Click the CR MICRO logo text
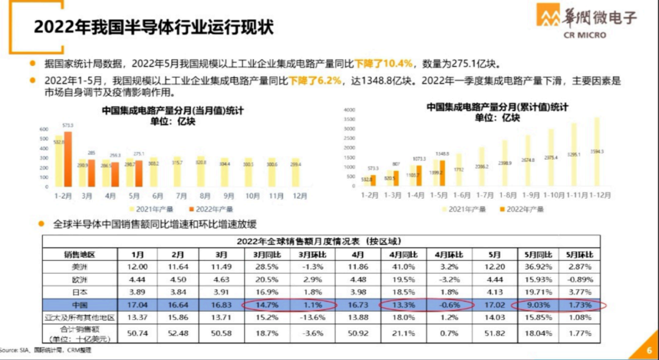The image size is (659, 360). point(585,35)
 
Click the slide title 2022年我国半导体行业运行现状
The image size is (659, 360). point(153,27)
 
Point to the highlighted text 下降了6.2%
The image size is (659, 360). point(315,81)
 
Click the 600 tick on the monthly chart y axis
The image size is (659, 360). point(44,129)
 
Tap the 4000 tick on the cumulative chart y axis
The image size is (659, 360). point(349,110)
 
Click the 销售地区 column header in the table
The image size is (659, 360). point(80,254)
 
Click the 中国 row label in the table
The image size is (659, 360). point(80,304)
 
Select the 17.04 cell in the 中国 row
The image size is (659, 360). point(135,304)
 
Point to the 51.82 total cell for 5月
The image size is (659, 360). point(494,333)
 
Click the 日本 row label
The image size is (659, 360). point(80,292)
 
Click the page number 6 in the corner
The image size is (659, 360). point(649,350)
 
